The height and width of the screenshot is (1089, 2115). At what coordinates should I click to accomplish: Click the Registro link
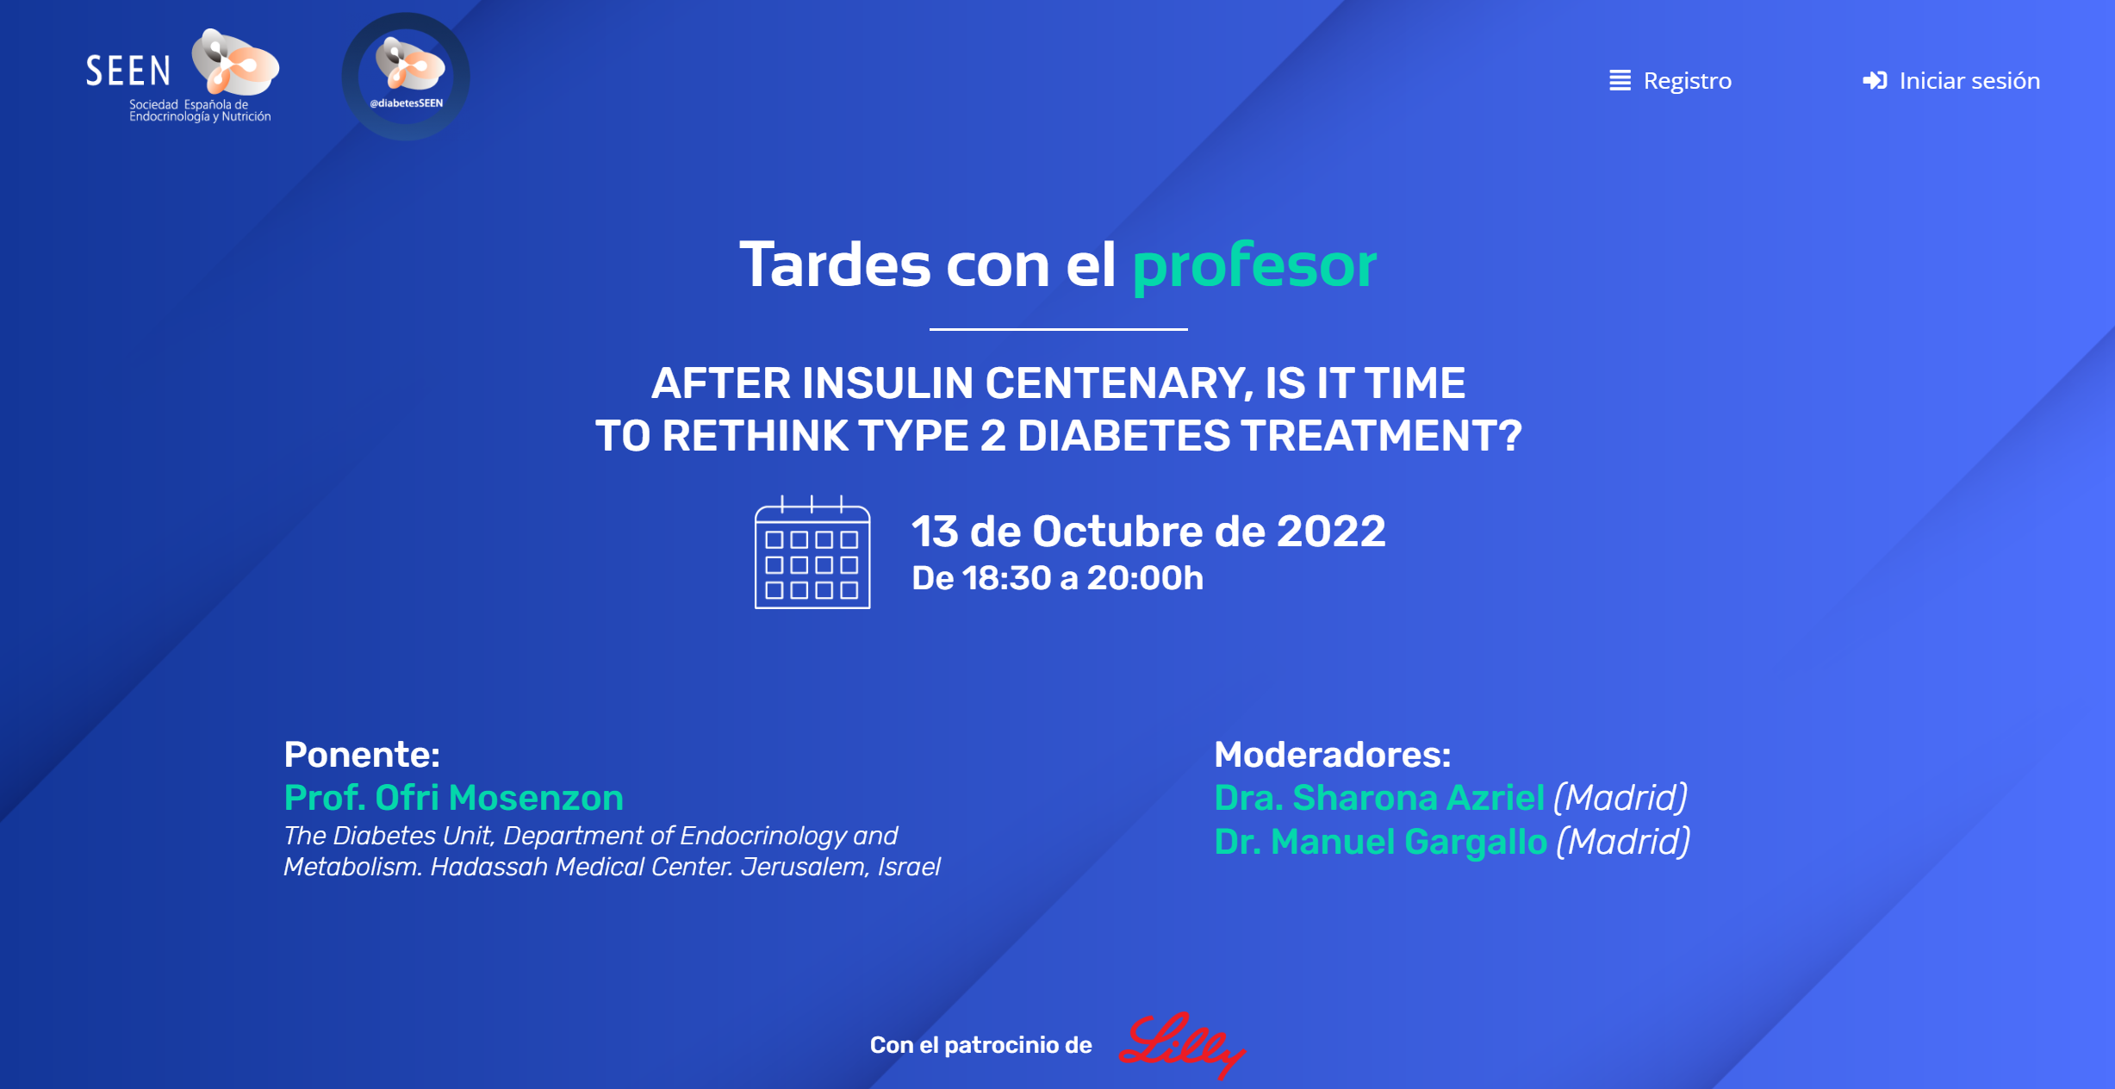pyautogui.click(x=1670, y=80)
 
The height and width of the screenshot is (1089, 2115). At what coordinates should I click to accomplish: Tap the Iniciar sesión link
pyautogui.click(x=1951, y=80)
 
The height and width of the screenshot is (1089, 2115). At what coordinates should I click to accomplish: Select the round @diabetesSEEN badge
pyautogui.click(x=406, y=77)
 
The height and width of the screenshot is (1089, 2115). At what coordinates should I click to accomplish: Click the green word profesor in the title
pyautogui.click(x=1254, y=265)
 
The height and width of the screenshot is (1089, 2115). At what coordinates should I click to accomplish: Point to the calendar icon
pyautogui.click(x=812, y=552)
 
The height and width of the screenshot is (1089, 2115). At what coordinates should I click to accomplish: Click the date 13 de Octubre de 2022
pyautogui.click(x=1148, y=531)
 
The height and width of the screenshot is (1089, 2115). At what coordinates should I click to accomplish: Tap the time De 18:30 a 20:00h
pyautogui.click(x=1057, y=578)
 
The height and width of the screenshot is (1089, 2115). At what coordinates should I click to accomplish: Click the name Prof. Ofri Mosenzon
pyautogui.click(x=453, y=799)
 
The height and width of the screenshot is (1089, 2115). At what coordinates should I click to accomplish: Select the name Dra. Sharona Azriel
pyautogui.click(x=1378, y=798)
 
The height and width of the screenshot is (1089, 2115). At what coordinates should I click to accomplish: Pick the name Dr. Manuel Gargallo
pyautogui.click(x=1380, y=842)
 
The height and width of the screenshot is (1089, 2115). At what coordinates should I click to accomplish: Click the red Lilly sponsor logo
pyautogui.click(x=1182, y=1044)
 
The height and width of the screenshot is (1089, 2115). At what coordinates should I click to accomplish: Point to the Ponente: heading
pyautogui.click(x=362, y=755)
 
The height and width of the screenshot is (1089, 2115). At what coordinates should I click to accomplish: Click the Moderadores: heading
pyautogui.click(x=1333, y=755)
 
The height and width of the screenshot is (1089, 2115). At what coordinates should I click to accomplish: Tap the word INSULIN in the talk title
pyautogui.click(x=887, y=383)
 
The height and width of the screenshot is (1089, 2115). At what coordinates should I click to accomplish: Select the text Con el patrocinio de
pyautogui.click(x=980, y=1045)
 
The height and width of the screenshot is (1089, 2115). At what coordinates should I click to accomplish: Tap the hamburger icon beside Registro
pyautogui.click(x=1620, y=80)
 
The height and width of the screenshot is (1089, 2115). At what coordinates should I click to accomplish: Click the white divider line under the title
pyautogui.click(x=1058, y=329)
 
